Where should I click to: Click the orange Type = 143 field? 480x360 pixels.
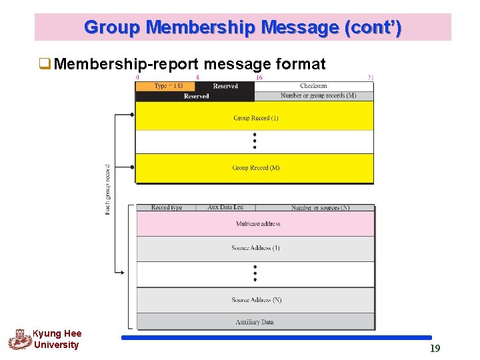[x=165, y=86]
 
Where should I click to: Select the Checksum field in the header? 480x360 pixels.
[x=313, y=86]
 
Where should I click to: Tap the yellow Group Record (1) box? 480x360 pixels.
[x=255, y=118]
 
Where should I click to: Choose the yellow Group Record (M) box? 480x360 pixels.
[x=255, y=168]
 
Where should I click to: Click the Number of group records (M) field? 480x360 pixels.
[x=313, y=96]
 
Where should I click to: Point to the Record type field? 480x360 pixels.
[x=166, y=207]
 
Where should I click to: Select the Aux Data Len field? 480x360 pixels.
[x=225, y=207]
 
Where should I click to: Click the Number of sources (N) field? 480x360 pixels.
[x=315, y=207]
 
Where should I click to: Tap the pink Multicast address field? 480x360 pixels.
[x=256, y=224]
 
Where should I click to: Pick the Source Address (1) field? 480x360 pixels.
[x=256, y=248]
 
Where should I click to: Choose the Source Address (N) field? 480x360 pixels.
[x=256, y=300]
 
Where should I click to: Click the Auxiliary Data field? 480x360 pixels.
[x=256, y=322]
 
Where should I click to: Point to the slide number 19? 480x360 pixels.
[x=435, y=348]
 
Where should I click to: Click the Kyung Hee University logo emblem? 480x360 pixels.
[x=20, y=339]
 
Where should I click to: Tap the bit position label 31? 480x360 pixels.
[x=371, y=77]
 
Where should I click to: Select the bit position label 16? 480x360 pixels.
[x=259, y=77]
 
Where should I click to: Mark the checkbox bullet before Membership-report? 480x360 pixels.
[x=45, y=64]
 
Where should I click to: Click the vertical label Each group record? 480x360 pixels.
[x=108, y=189]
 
